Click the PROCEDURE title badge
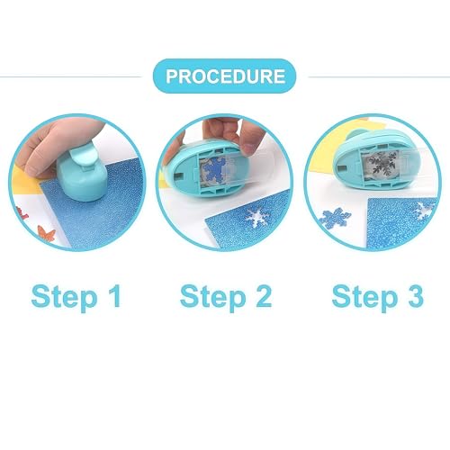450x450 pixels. [224, 76]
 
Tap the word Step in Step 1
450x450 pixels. [64, 298]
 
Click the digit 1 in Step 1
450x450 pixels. [114, 296]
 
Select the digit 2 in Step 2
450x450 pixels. [264, 296]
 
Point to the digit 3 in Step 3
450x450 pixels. [416, 296]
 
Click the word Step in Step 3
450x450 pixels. [364, 298]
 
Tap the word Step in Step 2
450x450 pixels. [213, 298]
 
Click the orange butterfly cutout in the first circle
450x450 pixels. [47, 234]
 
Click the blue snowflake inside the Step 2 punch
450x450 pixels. [213, 172]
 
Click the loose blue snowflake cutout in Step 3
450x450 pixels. [334, 218]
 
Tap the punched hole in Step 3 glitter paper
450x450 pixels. [424, 210]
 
